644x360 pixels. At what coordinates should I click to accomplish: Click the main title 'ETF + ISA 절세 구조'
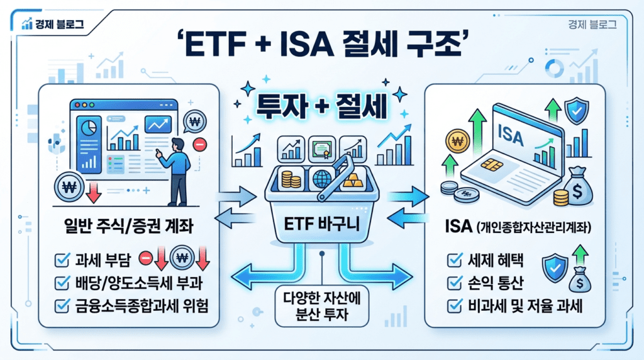point(321,47)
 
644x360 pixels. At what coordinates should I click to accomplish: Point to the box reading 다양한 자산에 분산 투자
point(321,307)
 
